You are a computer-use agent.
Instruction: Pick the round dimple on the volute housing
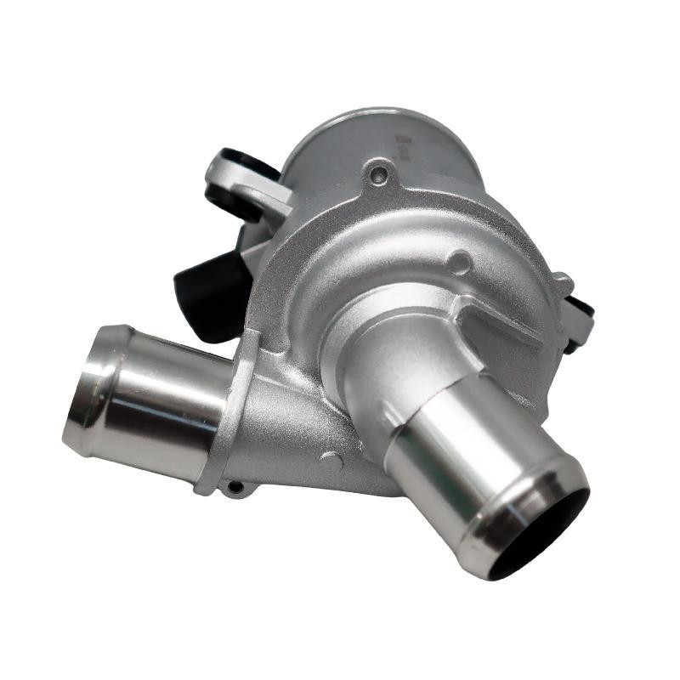[459, 262]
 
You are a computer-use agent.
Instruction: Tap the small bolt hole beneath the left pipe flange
[235, 487]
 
